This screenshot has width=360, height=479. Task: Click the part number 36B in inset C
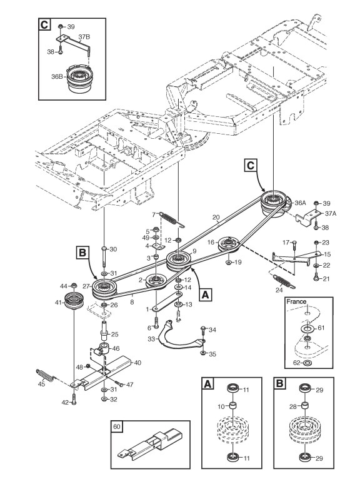(x=57, y=77)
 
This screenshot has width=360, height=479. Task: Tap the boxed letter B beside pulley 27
(x=82, y=253)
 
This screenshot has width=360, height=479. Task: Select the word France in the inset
(x=296, y=301)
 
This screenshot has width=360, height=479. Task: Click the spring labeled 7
(x=172, y=220)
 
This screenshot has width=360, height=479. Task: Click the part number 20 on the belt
(x=216, y=218)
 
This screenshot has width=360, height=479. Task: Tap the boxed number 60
(x=117, y=426)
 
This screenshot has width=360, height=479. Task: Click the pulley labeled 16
(x=227, y=244)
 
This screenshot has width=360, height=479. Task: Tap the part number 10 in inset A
(x=221, y=406)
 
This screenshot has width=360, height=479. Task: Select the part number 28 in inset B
(x=293, y=406)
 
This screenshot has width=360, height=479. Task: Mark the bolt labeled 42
(x=74, y=399)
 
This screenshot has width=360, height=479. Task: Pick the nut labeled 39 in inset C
(x=61, y=26)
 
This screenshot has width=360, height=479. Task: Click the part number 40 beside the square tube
(x=137, y=363)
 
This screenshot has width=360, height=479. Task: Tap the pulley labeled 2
(x=156, y=280)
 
